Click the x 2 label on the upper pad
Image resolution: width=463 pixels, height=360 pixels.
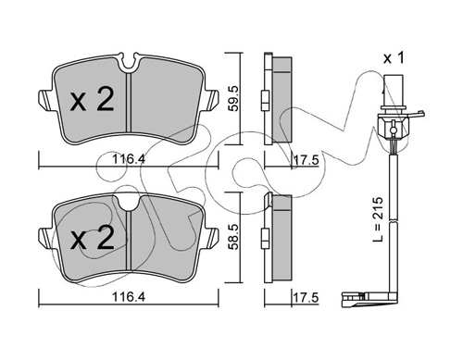92,99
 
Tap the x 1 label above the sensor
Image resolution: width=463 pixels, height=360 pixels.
394,58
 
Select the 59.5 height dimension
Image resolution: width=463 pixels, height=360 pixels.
233,98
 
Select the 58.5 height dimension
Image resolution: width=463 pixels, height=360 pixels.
233,237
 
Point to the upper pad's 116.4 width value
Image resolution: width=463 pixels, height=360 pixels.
129,159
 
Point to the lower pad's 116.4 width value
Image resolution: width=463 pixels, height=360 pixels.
129,297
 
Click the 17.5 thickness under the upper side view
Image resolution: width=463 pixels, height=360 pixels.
306,160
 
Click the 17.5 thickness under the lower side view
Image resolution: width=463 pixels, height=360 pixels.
306,298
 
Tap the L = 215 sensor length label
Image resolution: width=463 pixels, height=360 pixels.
378,219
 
